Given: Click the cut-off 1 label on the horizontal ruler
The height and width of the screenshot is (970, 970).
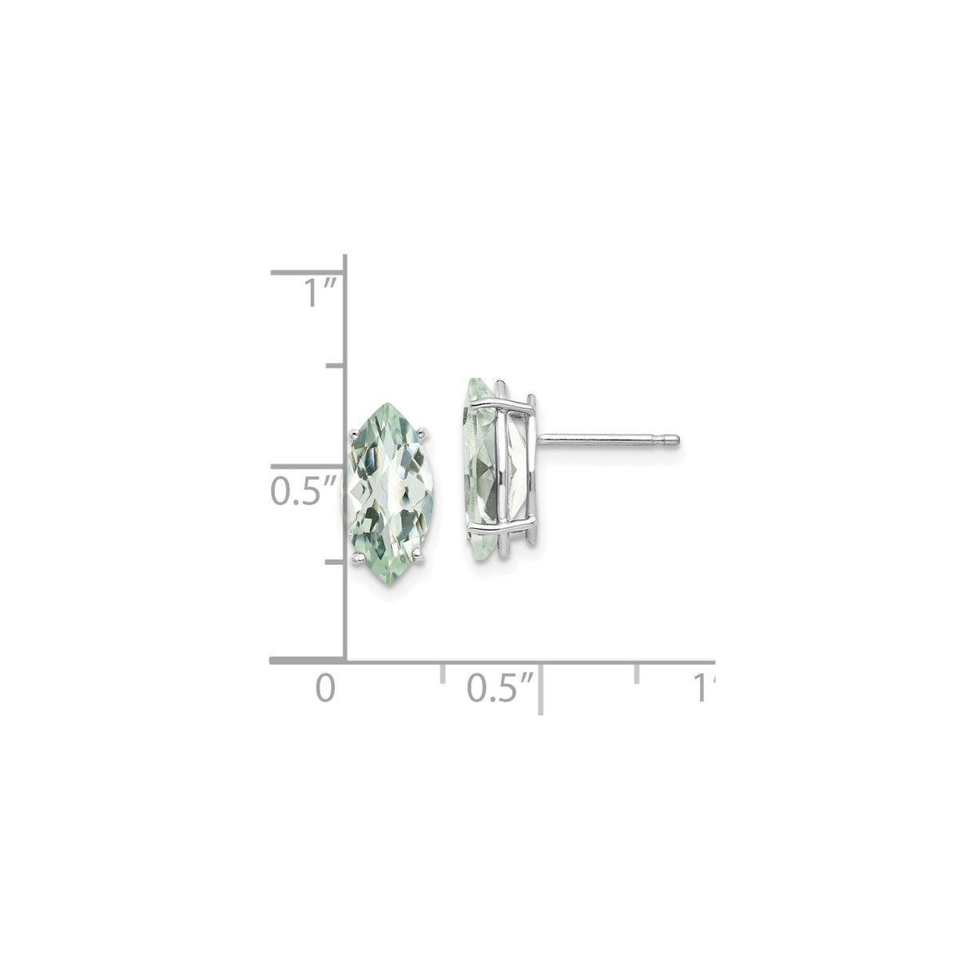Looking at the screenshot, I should click(x=704, y=688).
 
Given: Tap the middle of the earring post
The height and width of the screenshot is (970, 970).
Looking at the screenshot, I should click(x=607, y=439).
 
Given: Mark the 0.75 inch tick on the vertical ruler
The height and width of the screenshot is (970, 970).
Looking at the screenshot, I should click(x=335, y=367).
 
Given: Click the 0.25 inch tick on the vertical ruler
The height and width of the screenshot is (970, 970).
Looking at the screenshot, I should click(x=335, y=563).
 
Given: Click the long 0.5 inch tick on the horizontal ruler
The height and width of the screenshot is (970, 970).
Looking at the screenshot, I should click(x=541, y=687).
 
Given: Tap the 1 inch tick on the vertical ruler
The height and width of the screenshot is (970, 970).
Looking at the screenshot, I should click(x=308, y=272).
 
